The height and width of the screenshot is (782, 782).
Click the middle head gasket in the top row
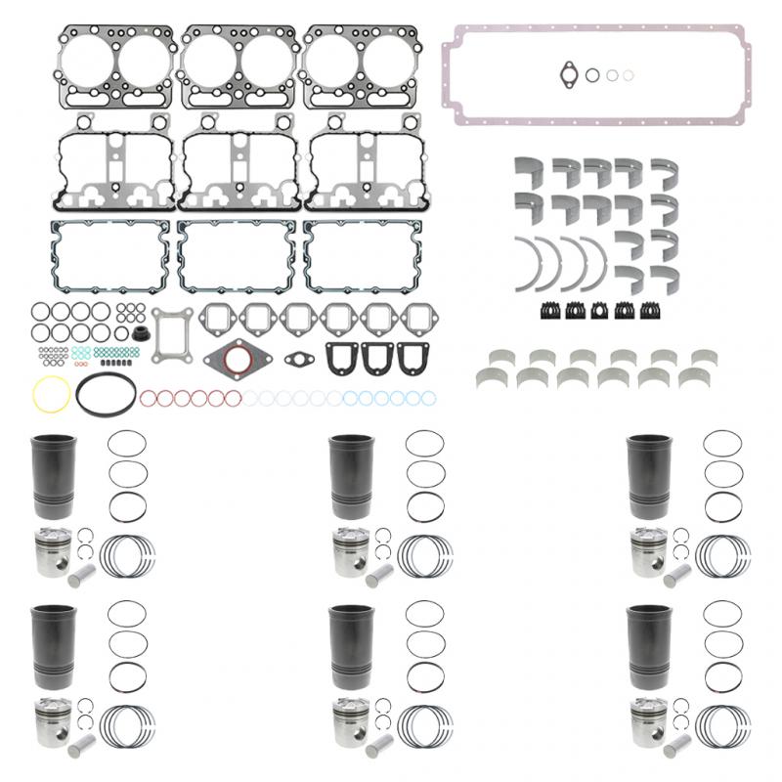coord(239,65)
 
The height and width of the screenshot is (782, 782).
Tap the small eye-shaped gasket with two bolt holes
coord(298,359)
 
